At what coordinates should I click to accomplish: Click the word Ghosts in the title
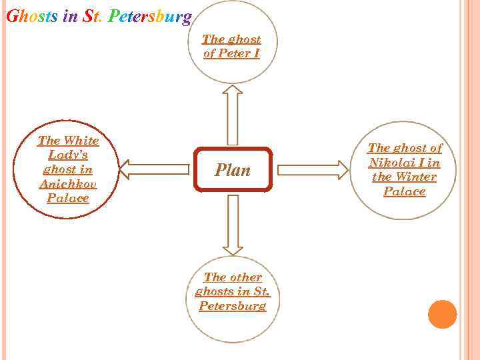[x=31, y=15]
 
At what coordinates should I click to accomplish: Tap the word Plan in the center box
[x=233, y=170]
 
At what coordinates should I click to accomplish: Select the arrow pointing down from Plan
[x=232, y=225]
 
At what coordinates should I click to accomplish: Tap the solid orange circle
[x=442, y=314]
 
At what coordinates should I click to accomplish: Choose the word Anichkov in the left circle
[x=68, y=184]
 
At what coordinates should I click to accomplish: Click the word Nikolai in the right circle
[x=391, y=163]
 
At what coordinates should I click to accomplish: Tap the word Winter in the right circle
[x=415, y=177]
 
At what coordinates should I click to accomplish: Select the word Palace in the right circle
[x=404, y=192]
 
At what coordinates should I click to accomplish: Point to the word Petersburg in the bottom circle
[x=232, y=306]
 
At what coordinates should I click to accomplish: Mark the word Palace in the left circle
[x=68, y=199]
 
